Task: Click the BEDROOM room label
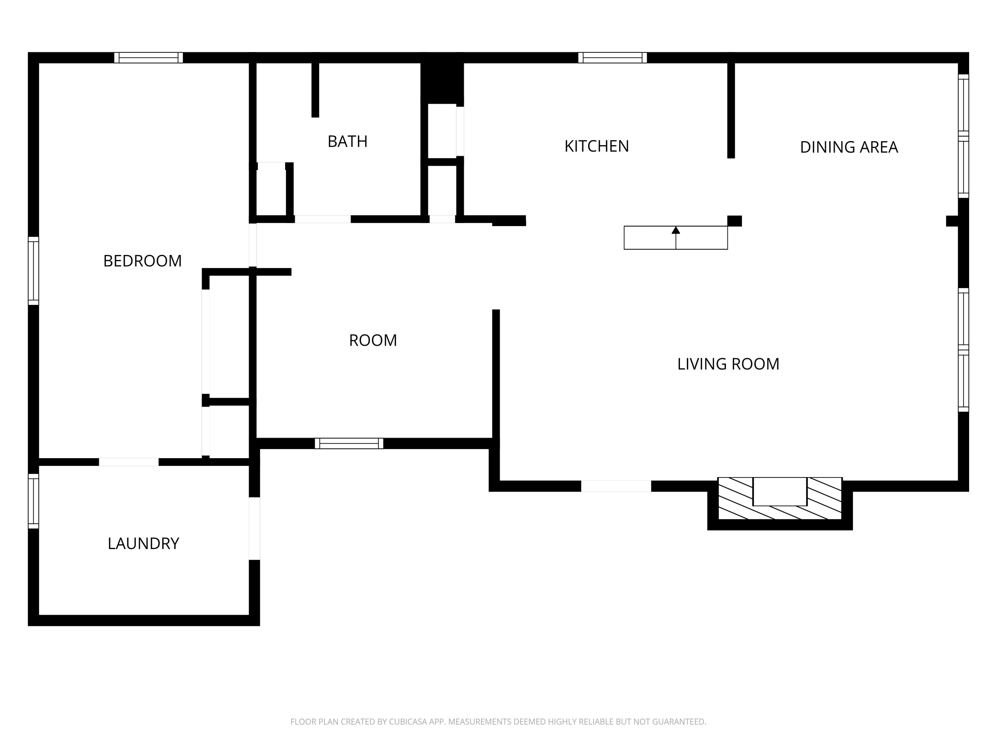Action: click(143, 261)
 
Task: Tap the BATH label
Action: click(348, 141)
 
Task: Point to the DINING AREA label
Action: click(849, 147)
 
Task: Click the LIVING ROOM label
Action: click(728, 364)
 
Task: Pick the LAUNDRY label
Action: click(143, 543)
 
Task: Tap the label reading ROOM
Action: click(373, 340)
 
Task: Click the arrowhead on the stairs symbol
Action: click(676, 230)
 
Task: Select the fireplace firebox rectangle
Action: click(780, 492)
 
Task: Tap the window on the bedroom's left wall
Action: click(33, 271)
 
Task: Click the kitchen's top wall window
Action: click(612, 58)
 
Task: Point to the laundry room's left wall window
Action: click(33, 501)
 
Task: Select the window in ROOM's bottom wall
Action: click(349, 444)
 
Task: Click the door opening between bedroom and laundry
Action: click(129, 462)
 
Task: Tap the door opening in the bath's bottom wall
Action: click(322, 219)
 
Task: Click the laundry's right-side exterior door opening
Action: click(254, 529)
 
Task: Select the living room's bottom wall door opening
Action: click(616, 486)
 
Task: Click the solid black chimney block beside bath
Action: click(442, 79)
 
